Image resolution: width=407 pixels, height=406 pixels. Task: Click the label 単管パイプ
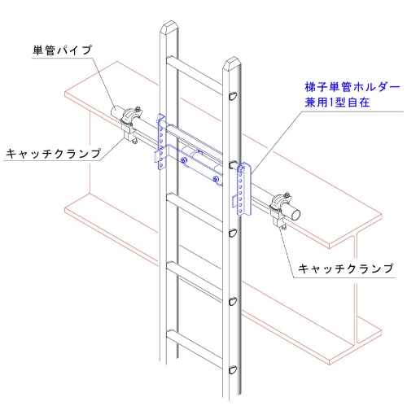(62, 50)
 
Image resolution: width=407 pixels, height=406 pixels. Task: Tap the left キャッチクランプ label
(54, 154)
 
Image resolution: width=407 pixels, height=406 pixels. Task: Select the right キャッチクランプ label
(346, 268)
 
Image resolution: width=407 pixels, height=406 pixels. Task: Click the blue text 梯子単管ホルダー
(352, 87)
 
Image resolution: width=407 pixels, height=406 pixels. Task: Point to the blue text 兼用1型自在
(337, 103)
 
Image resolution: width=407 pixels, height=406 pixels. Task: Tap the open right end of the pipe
(295, 214)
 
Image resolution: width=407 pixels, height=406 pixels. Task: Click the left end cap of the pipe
(115, 111)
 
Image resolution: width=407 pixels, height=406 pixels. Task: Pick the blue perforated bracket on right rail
(243, 189)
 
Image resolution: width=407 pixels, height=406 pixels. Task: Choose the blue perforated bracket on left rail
(161, 142)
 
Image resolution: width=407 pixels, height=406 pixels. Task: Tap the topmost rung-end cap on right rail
(233, 96)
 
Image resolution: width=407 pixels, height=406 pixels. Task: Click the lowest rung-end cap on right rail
(233, 370)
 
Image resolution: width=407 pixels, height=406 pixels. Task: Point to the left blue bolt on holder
(184, 161)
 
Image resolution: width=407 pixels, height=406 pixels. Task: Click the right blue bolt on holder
(216, 179)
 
